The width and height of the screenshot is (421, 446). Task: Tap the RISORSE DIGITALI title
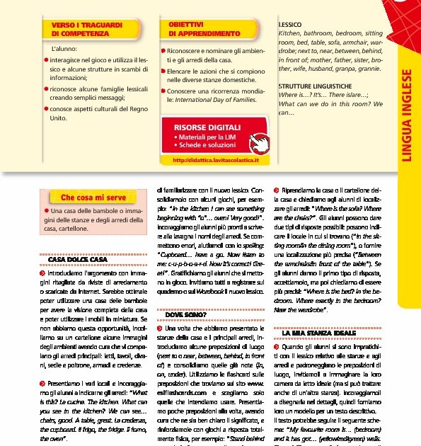pos(202,127)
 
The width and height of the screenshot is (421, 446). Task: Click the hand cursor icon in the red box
pos(261,140)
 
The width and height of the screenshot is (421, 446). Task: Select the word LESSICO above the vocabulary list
pos(291,25)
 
